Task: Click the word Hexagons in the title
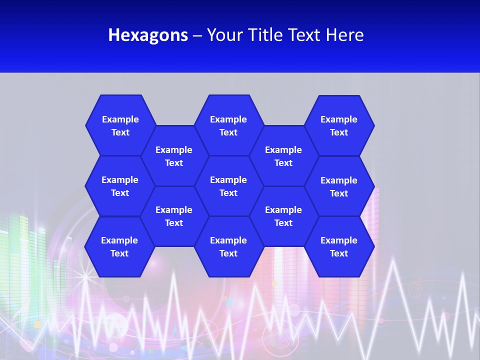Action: coord(148,35)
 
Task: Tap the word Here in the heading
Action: coord(344,35)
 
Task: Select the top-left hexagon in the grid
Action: coord(120,125)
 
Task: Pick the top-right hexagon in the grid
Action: coord(339,125)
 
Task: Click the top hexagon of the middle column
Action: coord(228,125)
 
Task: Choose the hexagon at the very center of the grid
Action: coord(228,186)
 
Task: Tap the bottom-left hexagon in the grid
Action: coord(119,246)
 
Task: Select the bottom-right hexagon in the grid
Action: coord(339,246)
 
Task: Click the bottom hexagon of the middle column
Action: coord(228,246)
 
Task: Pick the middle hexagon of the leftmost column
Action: coord(120,186)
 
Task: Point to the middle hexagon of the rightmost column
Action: coord(339,186)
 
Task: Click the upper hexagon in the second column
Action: coord(174,156)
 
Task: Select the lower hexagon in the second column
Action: coord(174,216)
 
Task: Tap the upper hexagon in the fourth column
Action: coord(283,156)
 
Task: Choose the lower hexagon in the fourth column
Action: coord(283,216)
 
